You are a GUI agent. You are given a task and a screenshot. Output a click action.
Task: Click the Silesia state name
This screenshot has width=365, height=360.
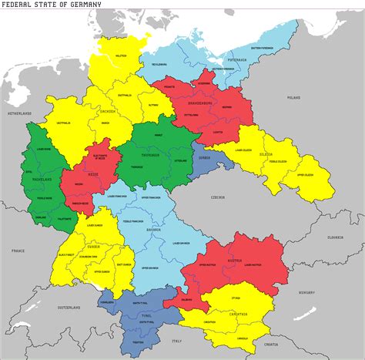(x=287, y=154)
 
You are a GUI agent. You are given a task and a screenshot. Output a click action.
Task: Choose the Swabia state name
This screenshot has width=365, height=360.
(x=93, y=247)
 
